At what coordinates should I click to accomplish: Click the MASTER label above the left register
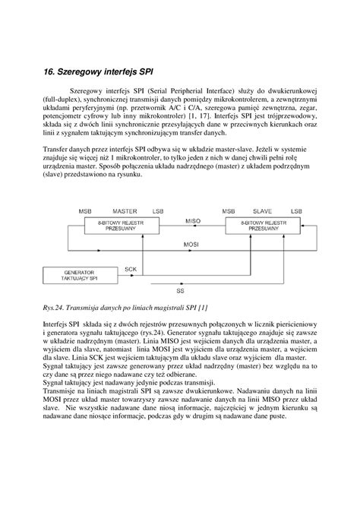125,209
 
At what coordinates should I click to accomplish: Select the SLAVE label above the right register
267,209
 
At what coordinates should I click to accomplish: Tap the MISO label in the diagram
193,220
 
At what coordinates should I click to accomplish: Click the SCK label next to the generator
131,269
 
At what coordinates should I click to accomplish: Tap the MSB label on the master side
86,209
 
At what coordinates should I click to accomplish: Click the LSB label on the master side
157,209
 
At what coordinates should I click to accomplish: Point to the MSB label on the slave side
229,209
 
